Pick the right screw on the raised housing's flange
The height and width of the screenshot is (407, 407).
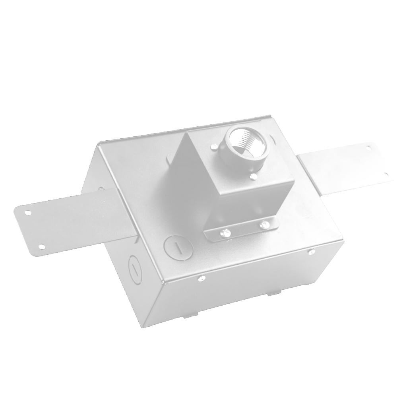pos(262,225)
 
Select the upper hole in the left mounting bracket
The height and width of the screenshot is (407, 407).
pos(27,213)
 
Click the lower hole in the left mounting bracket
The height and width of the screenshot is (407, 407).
pos(41,246)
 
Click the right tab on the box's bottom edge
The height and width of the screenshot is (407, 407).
pos(273,293)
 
